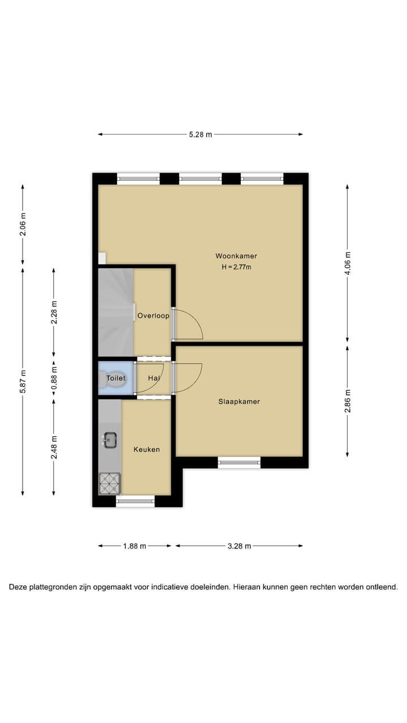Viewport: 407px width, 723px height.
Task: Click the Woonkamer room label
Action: (236, 256)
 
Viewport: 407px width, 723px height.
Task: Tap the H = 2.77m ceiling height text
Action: (236, 267)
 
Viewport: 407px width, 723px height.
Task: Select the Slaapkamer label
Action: (239, 402)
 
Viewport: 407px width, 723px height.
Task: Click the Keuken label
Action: (146, 450)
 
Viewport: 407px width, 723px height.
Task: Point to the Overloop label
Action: (153, 316)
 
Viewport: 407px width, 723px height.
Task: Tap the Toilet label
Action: (116, 378)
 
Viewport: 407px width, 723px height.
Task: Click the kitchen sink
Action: (110, 439)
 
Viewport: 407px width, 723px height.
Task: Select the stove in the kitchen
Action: (110, 483)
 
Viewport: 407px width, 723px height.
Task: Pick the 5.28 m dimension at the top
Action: (200, 134)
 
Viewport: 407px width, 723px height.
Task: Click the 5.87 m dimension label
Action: (23, 381)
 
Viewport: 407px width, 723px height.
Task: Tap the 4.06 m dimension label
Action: (348, 263)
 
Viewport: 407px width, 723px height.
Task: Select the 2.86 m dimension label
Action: (348, 400)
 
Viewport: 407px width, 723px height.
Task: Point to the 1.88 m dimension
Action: (135, 546)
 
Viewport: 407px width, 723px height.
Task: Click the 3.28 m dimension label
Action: (239, 546)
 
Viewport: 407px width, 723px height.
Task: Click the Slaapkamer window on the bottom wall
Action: (239, 463)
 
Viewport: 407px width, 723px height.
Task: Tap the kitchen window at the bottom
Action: (135, 501)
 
